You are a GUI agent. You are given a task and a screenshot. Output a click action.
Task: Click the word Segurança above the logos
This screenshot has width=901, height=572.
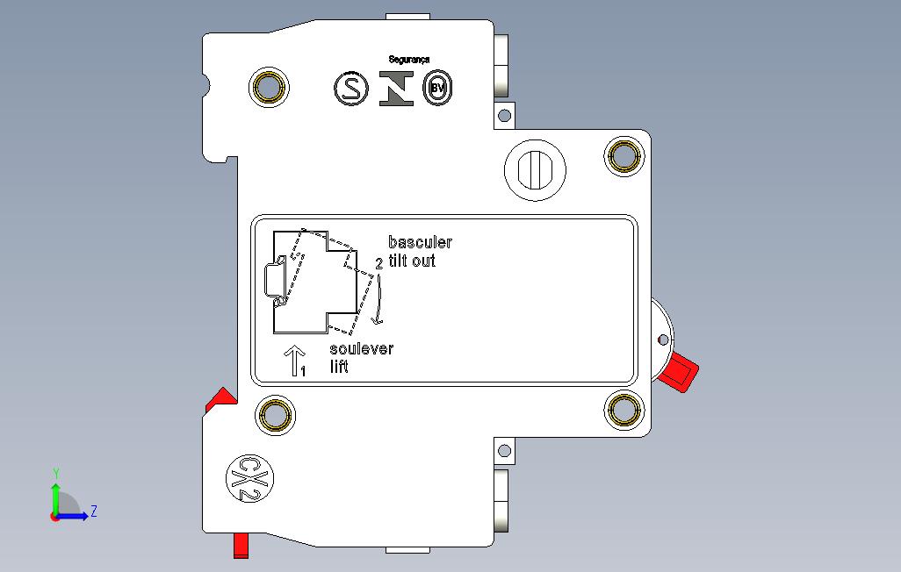click(408, 59)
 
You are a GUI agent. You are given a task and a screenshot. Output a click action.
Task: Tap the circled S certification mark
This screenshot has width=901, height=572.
click(351, 89)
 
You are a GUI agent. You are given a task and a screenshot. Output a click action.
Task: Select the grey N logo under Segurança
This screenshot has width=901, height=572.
click(396, 89)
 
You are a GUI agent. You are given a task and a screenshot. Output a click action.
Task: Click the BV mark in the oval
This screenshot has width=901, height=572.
click(438, 88)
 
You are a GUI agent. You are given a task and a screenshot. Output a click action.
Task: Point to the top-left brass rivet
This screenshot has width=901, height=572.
click(269, 88)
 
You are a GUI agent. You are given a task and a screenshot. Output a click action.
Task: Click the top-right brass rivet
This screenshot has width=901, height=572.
click(624, 155)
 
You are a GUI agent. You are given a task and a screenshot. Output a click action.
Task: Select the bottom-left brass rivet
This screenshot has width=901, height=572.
click(275, 415)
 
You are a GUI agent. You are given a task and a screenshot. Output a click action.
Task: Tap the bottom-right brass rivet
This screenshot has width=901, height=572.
click(624, 410)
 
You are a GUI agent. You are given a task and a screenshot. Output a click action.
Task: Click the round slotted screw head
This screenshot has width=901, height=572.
click(535, 170)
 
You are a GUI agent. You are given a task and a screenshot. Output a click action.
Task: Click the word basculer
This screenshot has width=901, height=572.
click(420, 242)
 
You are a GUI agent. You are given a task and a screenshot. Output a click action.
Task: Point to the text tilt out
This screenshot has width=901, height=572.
click(412, 261)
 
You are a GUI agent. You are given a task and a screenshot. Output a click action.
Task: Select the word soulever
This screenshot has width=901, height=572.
click(362, 348)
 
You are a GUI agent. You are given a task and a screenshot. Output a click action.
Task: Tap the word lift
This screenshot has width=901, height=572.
click(339, 367)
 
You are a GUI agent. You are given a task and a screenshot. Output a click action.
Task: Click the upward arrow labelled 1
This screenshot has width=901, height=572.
click(295, 361)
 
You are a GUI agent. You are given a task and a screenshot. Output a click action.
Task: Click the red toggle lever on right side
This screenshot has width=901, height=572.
click(679, 372)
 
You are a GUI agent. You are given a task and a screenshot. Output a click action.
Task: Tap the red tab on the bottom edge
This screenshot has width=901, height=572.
click(241, 545)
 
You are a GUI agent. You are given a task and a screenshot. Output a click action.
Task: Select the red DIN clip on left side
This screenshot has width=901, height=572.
click(221, 400)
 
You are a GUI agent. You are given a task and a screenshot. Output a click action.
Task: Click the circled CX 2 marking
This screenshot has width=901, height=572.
click(249, 479)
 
